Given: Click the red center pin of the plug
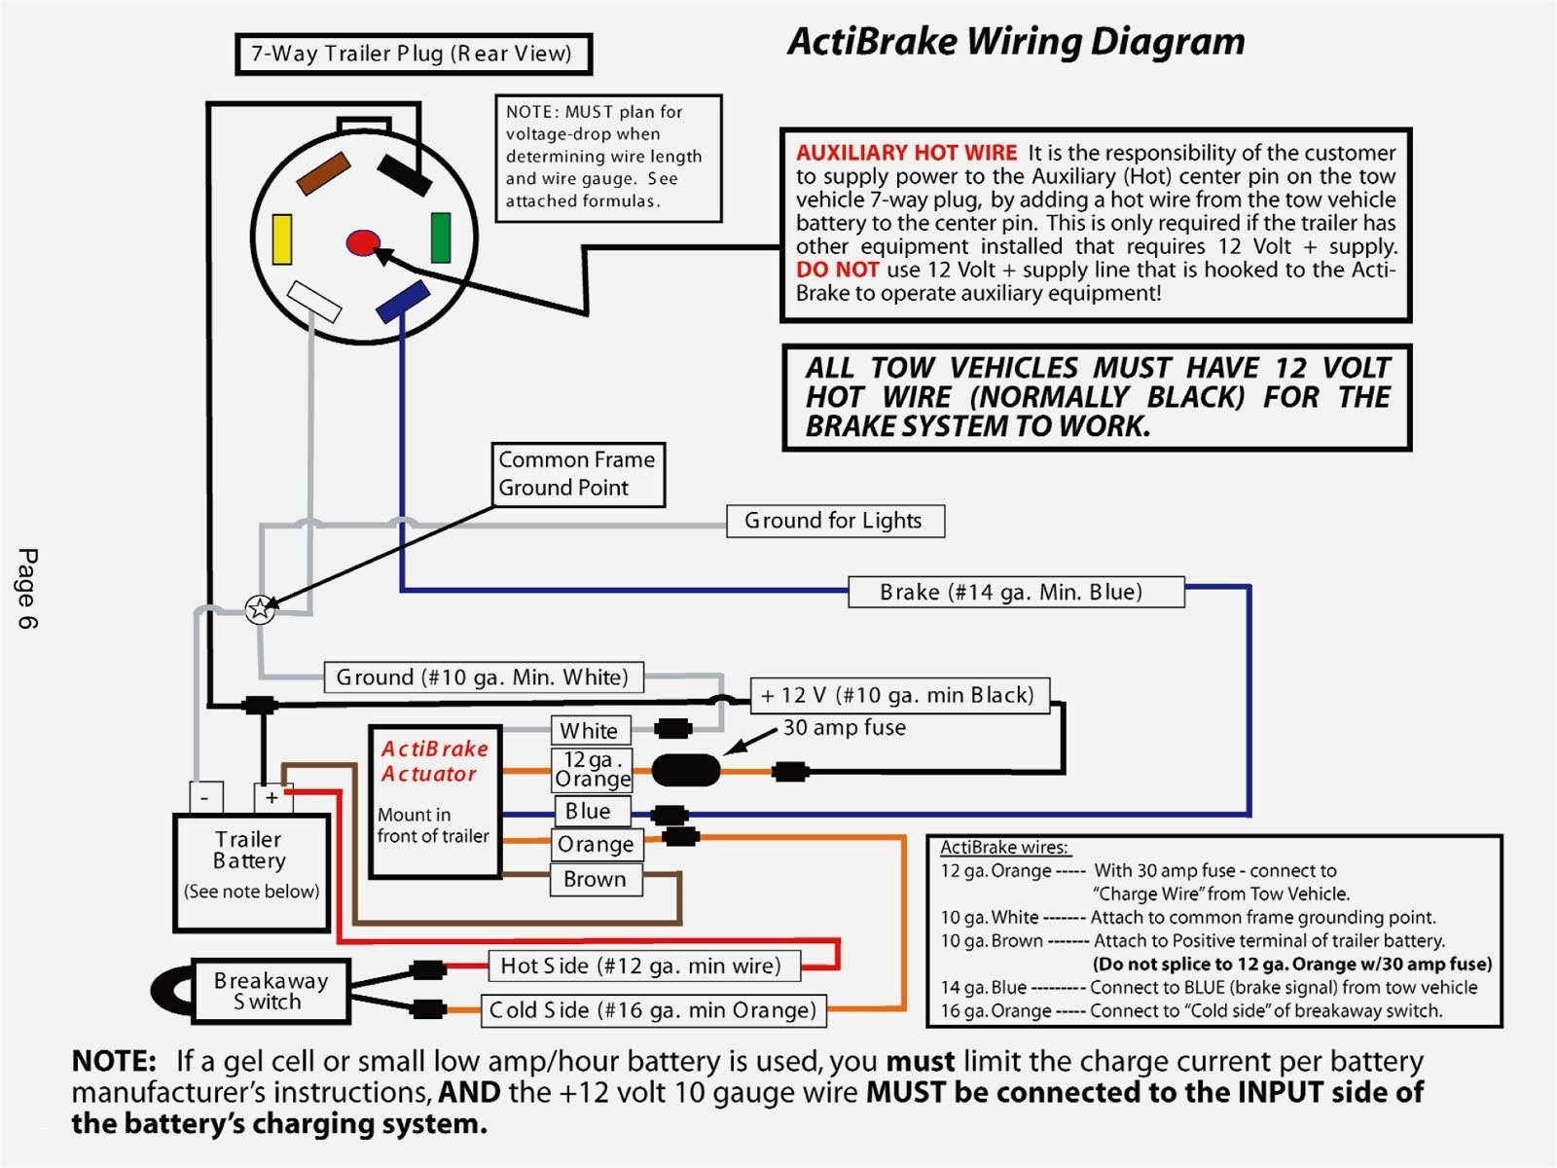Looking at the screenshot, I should click(363, 242).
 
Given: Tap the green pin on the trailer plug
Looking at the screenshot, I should click(441, 237).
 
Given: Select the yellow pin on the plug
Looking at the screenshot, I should click(282, 239).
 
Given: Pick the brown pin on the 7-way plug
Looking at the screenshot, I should click(323, 173).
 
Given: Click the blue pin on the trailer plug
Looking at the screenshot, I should click(403, 301).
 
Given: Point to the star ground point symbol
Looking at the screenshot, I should click(260, 609).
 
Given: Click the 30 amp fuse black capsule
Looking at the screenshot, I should click(686, 770).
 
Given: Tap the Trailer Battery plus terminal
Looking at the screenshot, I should click(272, 797).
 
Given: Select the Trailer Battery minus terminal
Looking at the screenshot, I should click(205, 797).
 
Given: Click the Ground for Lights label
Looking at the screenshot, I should click(835, 521).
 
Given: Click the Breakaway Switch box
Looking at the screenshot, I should click(271, 991).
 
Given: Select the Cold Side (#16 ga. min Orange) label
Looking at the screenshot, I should click(653, 1010).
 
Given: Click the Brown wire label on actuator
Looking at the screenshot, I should click(595, 879).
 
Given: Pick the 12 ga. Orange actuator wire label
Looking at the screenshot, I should click(592, 769).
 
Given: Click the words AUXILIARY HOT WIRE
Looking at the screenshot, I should click(906, 153).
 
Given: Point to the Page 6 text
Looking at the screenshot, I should click(27, 588).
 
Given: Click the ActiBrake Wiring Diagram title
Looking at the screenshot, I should click(1016, 42).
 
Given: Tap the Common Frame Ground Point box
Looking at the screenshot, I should click(578, 474).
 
